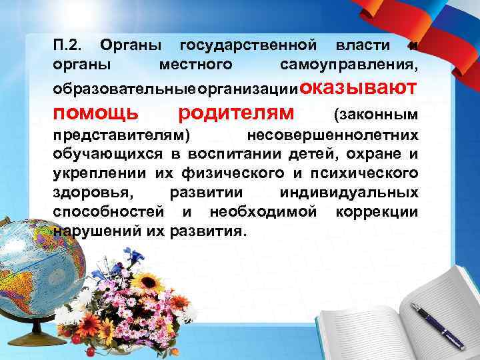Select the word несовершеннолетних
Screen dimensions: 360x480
[x=333, y=135]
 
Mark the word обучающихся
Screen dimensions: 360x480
[x=101, y=155]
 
